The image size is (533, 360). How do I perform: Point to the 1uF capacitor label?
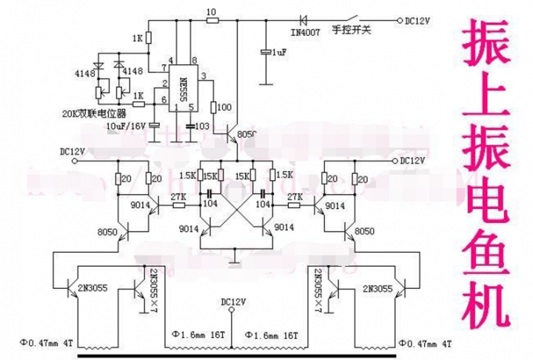(x=278, y=53)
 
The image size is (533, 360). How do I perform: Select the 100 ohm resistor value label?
(x=224, y=108)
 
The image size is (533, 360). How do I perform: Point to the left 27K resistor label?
(x=178, y=197)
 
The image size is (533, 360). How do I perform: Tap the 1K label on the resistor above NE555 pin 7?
(x=136, y=38)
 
